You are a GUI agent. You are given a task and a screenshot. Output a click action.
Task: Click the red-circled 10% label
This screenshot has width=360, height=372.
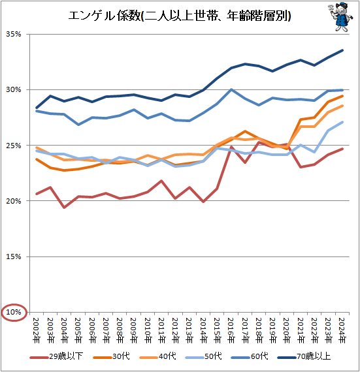[x=14, y=313]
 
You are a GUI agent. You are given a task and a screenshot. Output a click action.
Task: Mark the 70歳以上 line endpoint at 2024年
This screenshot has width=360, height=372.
[x=342, y=50]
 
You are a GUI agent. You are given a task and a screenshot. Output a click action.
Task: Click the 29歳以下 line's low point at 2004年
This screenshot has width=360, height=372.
[x=64, y=207]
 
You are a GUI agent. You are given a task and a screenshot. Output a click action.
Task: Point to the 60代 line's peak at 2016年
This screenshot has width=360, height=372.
[x=231, y=89]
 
